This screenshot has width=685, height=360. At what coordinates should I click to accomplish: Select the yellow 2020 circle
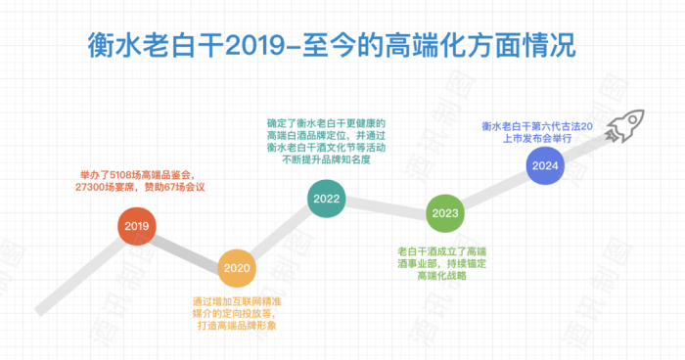click(236, 266)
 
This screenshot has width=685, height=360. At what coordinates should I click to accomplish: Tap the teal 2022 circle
click(326, 199)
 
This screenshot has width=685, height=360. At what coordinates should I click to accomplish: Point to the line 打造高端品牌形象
click(235, 325)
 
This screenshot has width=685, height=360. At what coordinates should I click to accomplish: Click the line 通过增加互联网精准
click(235, 299)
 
